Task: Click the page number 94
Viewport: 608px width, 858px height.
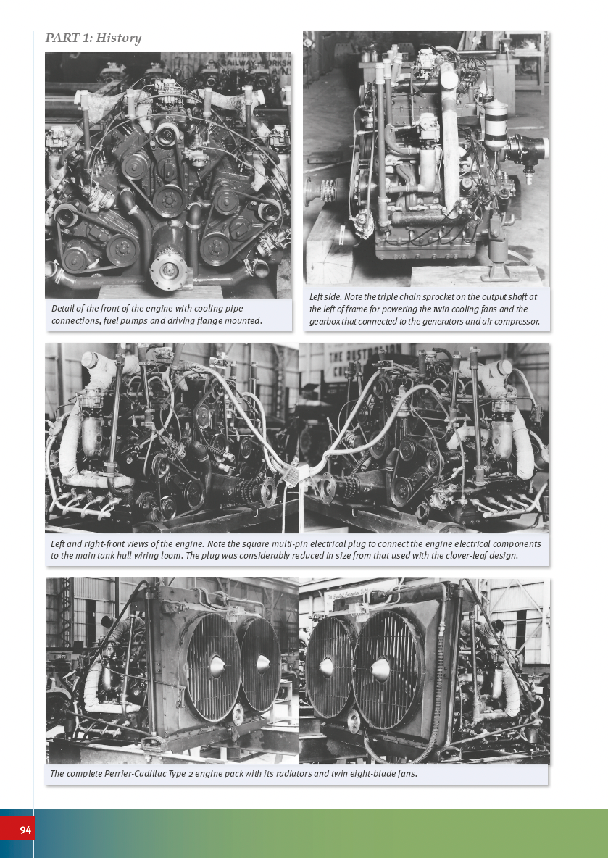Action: (25, 830)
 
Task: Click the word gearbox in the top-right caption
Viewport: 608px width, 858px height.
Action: (324, 322)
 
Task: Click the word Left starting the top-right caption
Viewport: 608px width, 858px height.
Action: (316, 297)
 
